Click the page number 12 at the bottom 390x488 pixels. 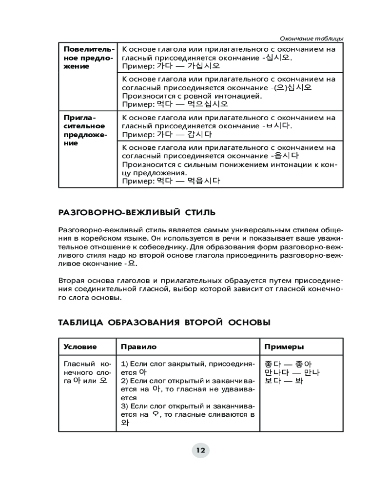click(x=200, y=450)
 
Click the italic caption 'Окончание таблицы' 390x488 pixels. click(x=312, y=39)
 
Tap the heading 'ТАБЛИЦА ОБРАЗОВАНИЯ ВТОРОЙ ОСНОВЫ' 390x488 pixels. click(x=164, y=323)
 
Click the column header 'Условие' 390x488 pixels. click(x=80, y=346)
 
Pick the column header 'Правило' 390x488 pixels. click(x=139, y=346)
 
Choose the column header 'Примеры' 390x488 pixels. click(x=284, y=346)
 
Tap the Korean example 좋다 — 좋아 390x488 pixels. click(x=288, y=364)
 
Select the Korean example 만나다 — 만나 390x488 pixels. click(x=292, y=373)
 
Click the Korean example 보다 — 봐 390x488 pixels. click(x=283, y=381)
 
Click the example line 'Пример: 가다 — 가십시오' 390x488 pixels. click(x=171, y=66)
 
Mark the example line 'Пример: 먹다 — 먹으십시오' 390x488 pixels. click(x=175, y=104)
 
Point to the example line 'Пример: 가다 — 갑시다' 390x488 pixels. click(x=167, y=134)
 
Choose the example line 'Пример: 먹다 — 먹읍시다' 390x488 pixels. click(x=171, y=181)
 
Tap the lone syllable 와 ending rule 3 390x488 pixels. click(x=126, y=423)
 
